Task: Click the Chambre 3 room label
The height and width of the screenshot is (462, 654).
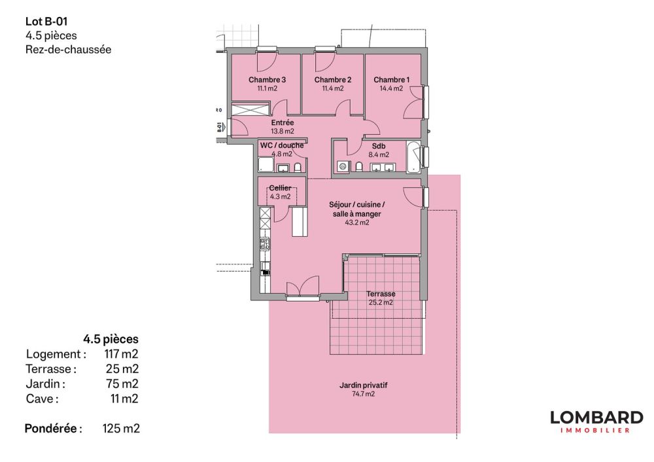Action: tap(267, 80)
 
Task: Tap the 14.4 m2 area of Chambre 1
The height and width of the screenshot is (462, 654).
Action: tap(392, 88)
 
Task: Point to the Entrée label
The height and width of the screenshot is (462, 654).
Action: tap(283, 122)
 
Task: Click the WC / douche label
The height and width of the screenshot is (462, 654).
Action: tap(281, 145)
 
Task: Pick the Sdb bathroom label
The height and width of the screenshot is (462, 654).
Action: tap(379, 146)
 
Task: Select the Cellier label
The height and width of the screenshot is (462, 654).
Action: tap(280, 188)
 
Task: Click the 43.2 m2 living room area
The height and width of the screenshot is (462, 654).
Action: tap(357, 222)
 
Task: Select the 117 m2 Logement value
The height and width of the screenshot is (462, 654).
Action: tap(122, 354)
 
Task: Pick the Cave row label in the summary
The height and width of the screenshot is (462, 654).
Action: tap(42, 399)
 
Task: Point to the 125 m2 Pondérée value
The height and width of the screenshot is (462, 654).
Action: tap(121, 429)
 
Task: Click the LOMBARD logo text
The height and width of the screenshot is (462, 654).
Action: tap(596, 418)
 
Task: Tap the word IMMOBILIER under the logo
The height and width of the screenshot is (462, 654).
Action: tap(596, 431)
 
